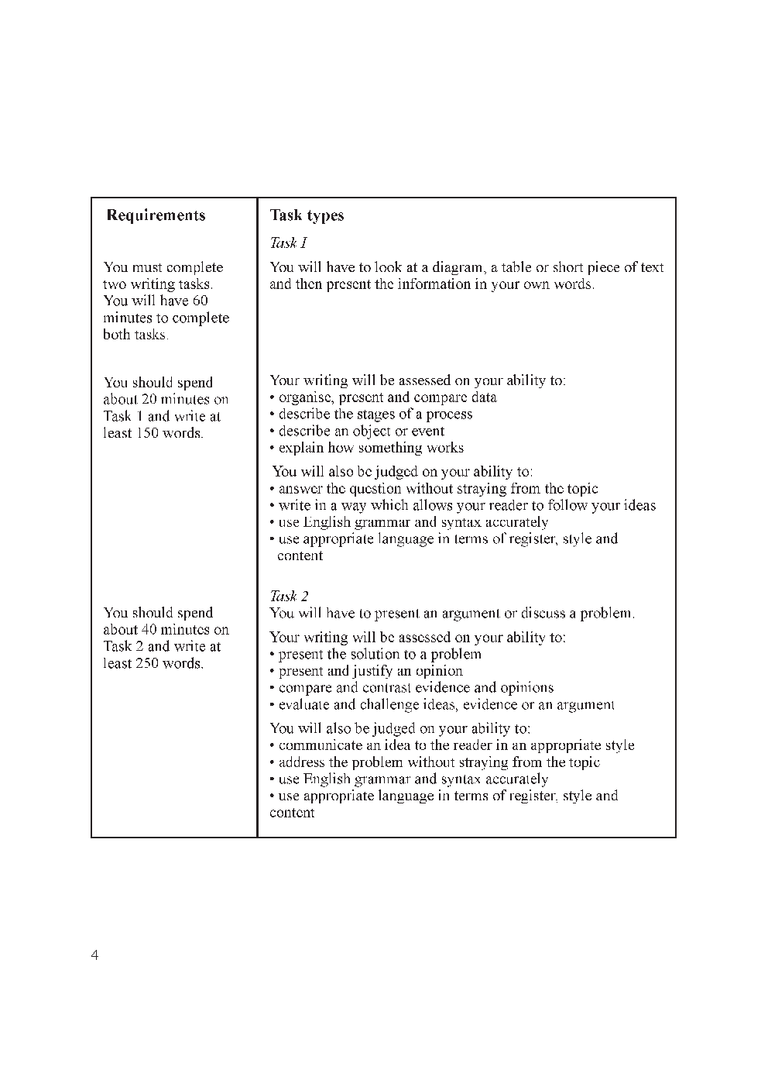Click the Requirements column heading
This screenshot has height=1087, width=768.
[156, 215]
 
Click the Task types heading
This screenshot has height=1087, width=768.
[307, 215]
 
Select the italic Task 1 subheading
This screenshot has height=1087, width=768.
[289, 243]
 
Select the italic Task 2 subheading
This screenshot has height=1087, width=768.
[289, 596]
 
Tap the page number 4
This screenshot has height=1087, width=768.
[94, 955]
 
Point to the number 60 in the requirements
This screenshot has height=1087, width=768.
[200, 301]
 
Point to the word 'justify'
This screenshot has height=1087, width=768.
[372, 671]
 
